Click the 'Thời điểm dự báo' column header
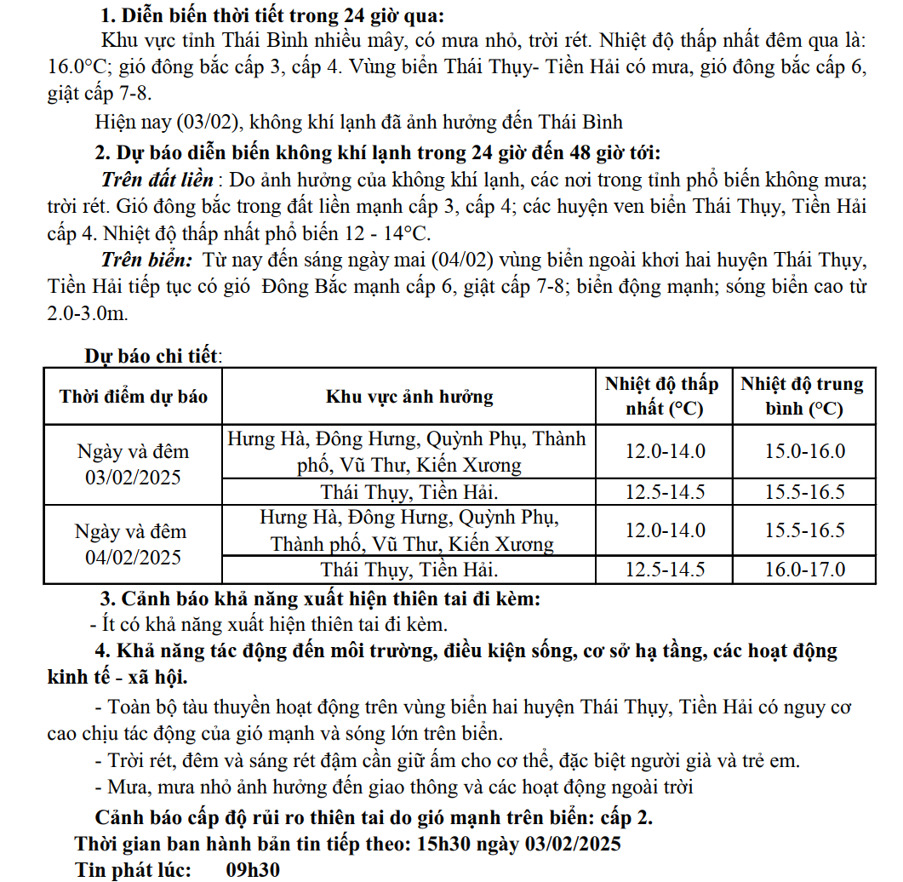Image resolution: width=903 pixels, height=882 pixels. (x=133, y=397)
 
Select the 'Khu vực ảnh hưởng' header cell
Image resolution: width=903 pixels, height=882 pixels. (x=409, y=397)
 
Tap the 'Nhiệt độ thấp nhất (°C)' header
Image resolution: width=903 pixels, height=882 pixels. (x=661, y=397)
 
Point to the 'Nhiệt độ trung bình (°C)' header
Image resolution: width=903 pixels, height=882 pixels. (x=802, y=397)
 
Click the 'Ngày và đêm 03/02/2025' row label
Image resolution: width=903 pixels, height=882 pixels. (x=133, y=464)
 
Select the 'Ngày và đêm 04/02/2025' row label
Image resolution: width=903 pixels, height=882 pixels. (x=133, y=544)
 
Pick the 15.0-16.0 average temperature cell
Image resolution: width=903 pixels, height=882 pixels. (x=804, y=451)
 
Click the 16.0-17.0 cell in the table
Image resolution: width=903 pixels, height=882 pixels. (x=804, y=570)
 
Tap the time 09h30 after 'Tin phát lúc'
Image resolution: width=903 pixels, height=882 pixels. (x=253, y=870)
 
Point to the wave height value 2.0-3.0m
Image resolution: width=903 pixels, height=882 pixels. (x=88, y=313)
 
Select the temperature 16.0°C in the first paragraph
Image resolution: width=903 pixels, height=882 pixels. (x=78, y=68)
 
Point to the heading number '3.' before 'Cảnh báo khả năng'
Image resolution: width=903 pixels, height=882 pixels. (x=108, y=598)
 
